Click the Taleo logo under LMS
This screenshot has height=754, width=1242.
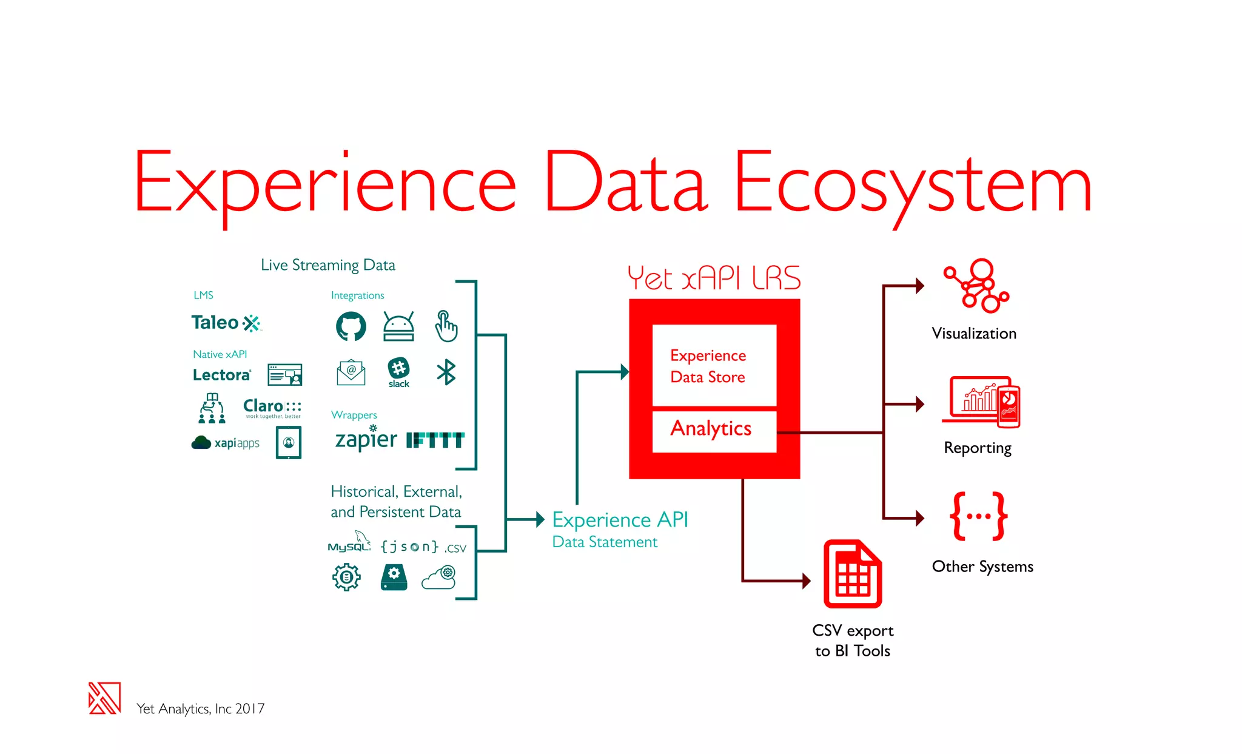click(226, 323)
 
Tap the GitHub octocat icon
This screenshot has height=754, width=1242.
click(351, 326)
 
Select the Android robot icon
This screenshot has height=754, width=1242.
click(398, 326)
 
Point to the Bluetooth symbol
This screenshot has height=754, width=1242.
click(446, 372)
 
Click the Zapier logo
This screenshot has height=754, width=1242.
click(366, 439)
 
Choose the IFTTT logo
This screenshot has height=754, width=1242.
click(435, 440)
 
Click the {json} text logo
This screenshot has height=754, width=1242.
click(409, 547)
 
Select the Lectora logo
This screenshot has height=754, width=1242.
click(221, 375)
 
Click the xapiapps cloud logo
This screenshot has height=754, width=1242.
click(226, 443)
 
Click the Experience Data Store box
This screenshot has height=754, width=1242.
click(714, 366)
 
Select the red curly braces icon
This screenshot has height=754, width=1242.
click(978, 516)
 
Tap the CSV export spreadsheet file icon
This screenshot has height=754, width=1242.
click(852, 574)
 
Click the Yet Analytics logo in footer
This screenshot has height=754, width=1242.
click(104, 698)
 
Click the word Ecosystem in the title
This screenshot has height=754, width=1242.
click(913, 184)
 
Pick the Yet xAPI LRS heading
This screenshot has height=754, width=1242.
click(714, 278)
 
